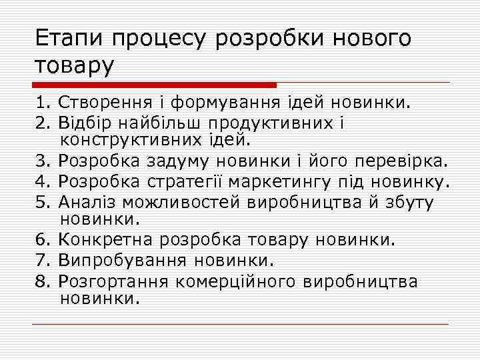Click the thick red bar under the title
[x=154, y=85]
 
